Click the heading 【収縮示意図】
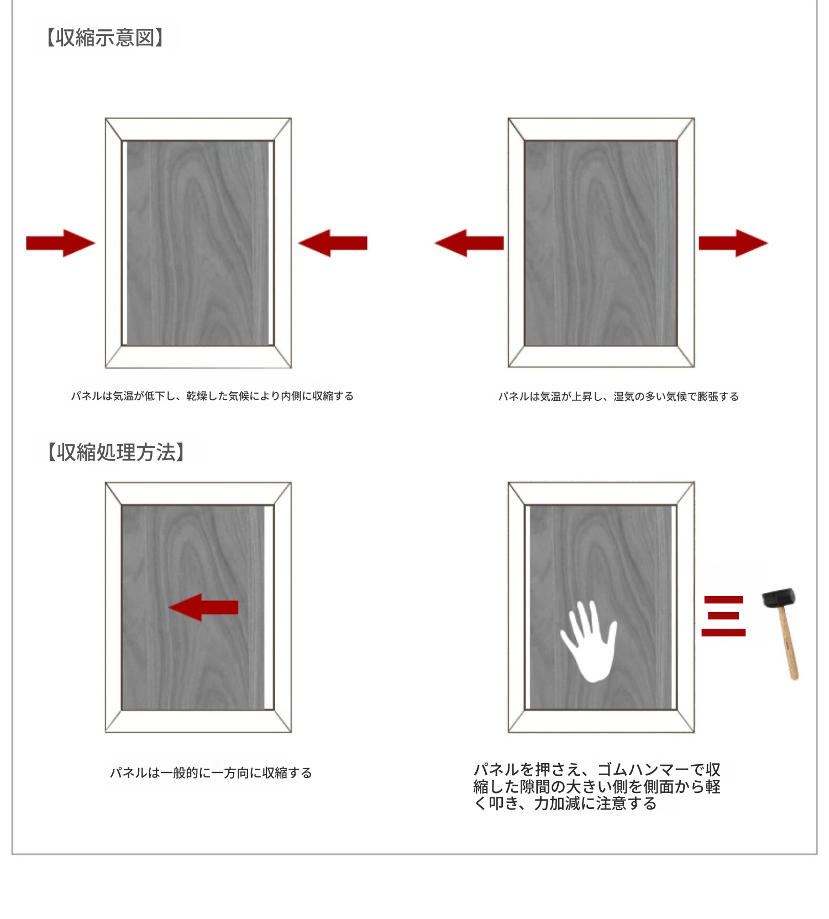coord(104,38)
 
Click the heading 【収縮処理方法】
coord(116,452)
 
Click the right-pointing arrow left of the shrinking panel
coord(61,243)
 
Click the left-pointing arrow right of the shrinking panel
coord(333,243)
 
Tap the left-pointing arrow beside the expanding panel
coord(469,243)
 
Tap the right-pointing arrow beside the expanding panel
coord(733,243)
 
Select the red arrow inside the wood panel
coord(203,607)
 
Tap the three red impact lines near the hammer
coord(723,616)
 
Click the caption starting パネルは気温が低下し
coord(212,396)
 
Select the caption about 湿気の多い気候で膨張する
coord(618,396)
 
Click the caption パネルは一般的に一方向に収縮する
coord(211,772)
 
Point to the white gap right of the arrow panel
coord(269,608)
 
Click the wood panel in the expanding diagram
coord(601,243)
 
